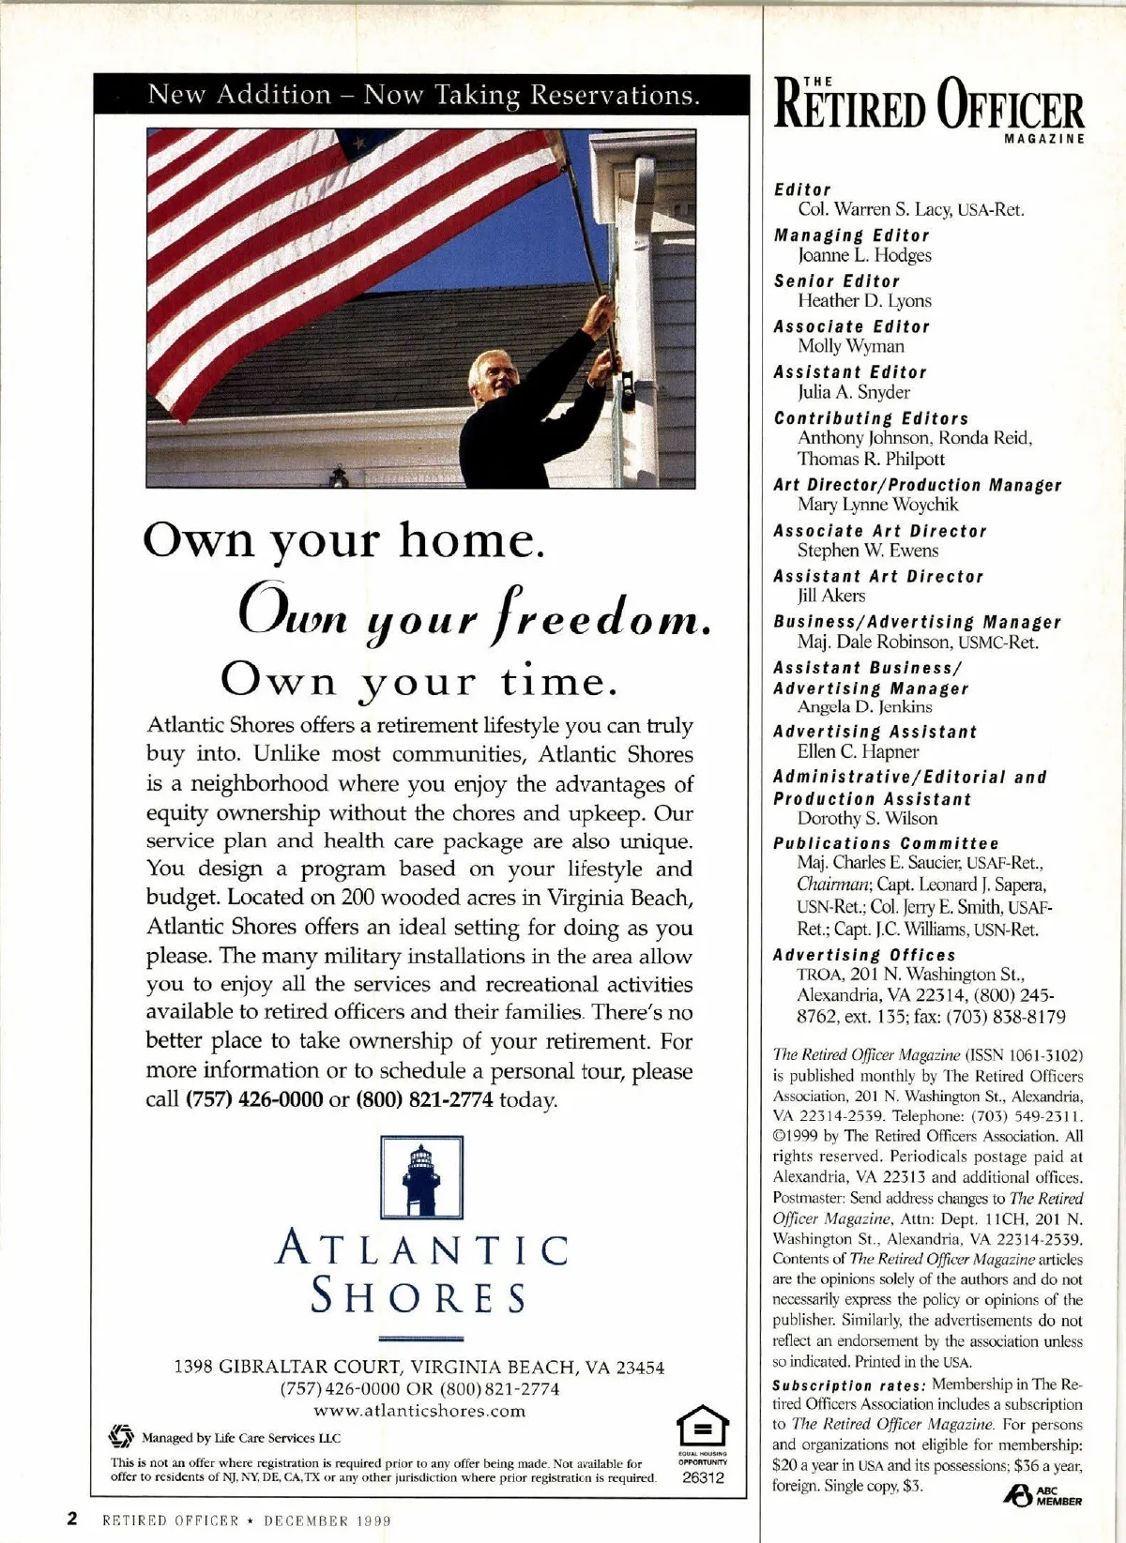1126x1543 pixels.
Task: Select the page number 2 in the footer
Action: coord(70,1520)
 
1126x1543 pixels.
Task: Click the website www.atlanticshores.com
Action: coord(419,1411)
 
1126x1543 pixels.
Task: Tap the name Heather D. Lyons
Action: coord(864,300)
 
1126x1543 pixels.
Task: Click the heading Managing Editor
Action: coord(851,235)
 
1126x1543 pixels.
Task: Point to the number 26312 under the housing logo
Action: coord(703,1477)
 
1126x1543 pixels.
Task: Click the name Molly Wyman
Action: coord(851,346)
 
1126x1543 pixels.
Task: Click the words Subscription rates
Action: coord(849,1385)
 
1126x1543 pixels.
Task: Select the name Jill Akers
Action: coord(831,596)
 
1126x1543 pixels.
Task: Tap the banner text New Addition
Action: coord(239,95)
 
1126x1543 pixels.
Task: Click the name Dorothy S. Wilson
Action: coord(867,818)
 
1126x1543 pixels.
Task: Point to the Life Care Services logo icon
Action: coord(120,1437)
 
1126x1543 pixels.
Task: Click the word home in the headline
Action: coord(471,541)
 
